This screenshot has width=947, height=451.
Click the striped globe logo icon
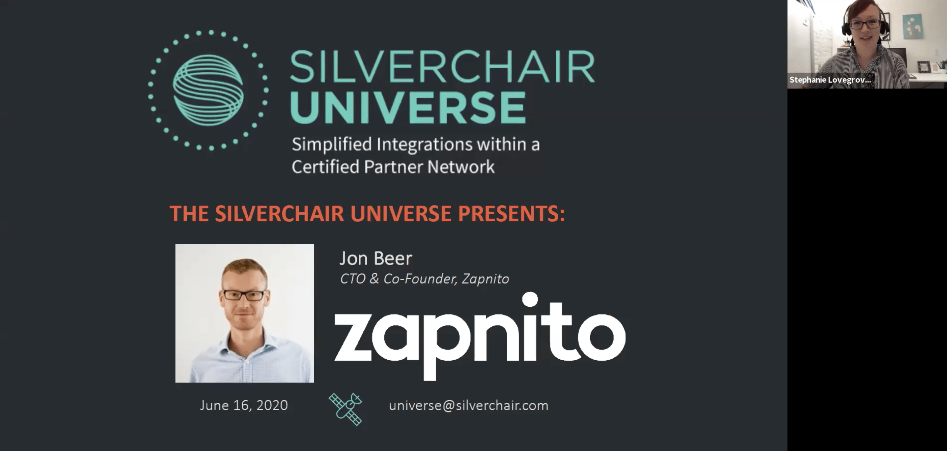click(208, 90)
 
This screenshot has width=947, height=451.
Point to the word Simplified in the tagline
click(332, 144)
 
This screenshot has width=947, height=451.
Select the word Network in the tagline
click(461, 167)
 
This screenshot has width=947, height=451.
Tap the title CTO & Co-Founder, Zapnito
click(425, 279)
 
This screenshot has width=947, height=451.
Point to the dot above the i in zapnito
click(530, 299)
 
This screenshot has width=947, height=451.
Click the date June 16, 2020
click(244, 405)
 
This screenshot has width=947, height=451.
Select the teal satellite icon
click(346, 409)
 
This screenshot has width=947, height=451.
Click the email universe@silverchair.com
click(469, 405)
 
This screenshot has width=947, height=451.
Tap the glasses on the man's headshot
click(244, 295)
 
